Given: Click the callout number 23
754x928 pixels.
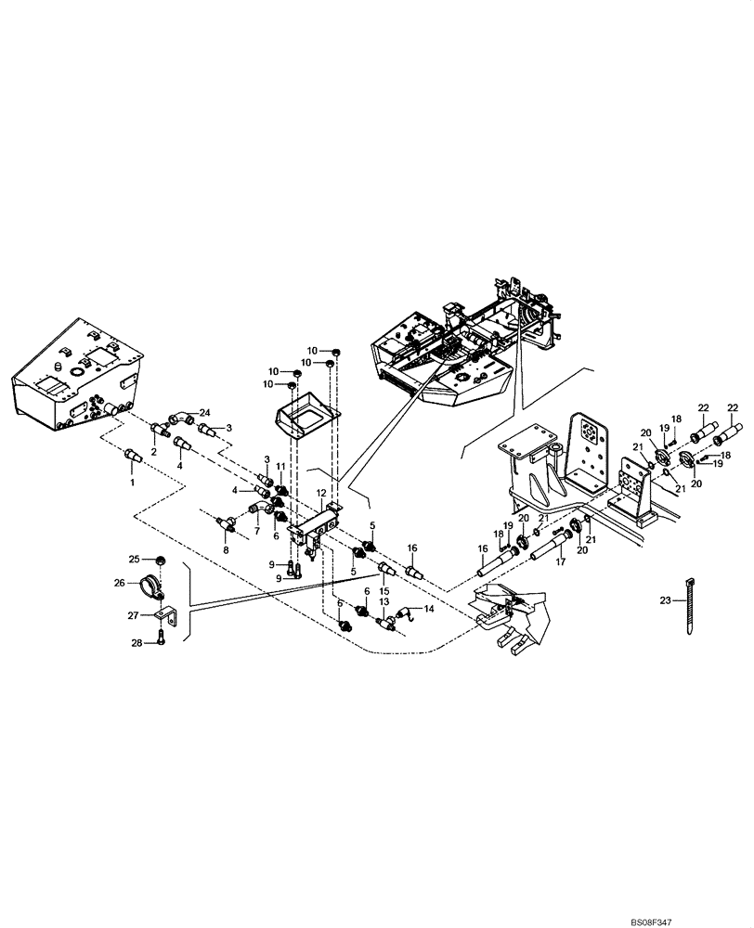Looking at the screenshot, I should (665, 601).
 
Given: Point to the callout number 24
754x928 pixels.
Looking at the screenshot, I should (205, 413).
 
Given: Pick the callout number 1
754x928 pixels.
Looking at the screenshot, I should (131, 483).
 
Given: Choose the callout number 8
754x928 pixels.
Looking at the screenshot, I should (225, 550).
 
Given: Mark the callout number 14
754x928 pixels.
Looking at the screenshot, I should (429, 609).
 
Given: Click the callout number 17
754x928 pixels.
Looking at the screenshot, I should (560, 560).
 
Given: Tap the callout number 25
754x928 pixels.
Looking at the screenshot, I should (134, 559).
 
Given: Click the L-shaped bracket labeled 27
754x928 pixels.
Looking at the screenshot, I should (164, 614).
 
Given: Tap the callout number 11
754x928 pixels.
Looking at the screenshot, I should (279, 466).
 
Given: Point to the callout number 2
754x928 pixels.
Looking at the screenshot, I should (154, 452).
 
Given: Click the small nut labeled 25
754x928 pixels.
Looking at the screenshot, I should (160, 560).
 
